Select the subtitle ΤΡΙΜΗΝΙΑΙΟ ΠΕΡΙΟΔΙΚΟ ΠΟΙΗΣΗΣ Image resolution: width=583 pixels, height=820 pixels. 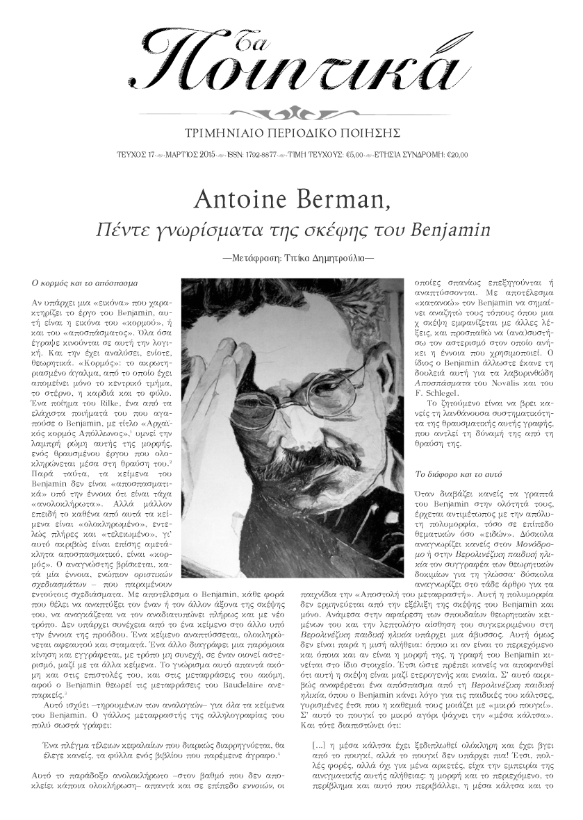(291, 131)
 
